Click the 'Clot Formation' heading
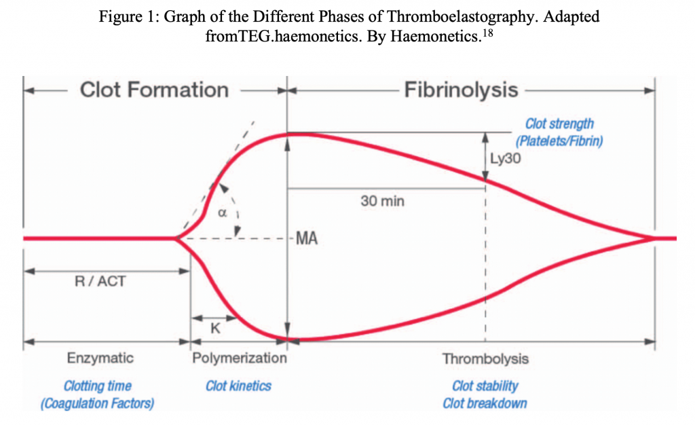click(x=154, y=90)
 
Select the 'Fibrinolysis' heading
click(x=462, y=90)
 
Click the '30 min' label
click(x=382, y=202)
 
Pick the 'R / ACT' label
click(x=100, y=281)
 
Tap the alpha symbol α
click(x=221, y=212)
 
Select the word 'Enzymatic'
click(x=100, y=358)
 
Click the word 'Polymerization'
click(x=240, y=358)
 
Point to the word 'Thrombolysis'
click(x=485, y=358)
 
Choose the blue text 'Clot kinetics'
click(x=238, y=386)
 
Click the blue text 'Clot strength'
click(x=559, y=124)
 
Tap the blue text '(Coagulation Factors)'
click(x=97, y=403)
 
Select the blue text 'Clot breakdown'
click(x=485, y=403)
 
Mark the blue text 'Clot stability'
click(x=485, y=386)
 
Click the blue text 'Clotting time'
click(x=97, y=386)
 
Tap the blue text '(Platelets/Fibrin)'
click(x=559, y=142)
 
